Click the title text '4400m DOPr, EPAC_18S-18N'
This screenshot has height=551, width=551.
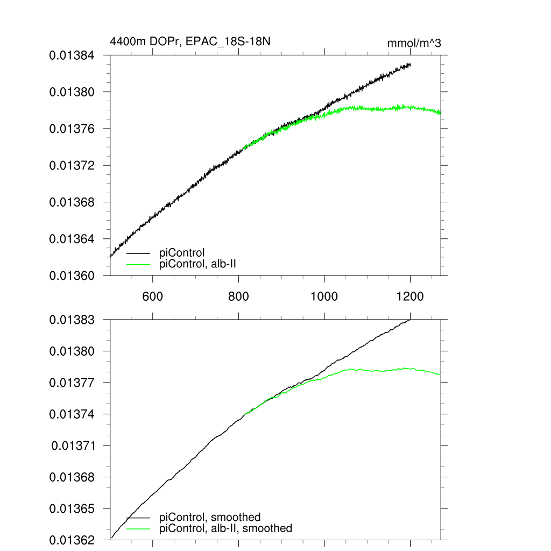[x=194, y=41]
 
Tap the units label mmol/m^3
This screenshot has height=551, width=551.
[x=414, y=44]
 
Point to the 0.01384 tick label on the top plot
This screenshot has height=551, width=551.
[x=72, y=55]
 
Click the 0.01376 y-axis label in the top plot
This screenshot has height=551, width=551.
[x=72, y=129]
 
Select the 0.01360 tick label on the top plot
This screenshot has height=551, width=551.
[x=72, y=275]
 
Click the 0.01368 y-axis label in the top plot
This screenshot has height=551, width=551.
[x=72, y=202]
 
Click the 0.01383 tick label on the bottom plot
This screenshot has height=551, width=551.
[x=72, y=320]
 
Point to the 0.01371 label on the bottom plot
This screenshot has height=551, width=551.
[x=73, y=446]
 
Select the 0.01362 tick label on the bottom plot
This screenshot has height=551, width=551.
[x=72, y=540]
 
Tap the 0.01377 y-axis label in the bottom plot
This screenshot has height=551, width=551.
[x=72, y=383]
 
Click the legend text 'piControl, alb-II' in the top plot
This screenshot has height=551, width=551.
[x=199, y=263]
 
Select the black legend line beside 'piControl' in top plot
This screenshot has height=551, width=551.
[x=138, y=252]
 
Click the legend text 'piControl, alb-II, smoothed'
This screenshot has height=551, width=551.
[x=226, y=528]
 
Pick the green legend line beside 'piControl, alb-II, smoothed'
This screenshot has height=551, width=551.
[x=138, y=528]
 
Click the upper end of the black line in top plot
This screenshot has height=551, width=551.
[x=411, y=65]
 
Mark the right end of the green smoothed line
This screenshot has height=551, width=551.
[x=440, y=375]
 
